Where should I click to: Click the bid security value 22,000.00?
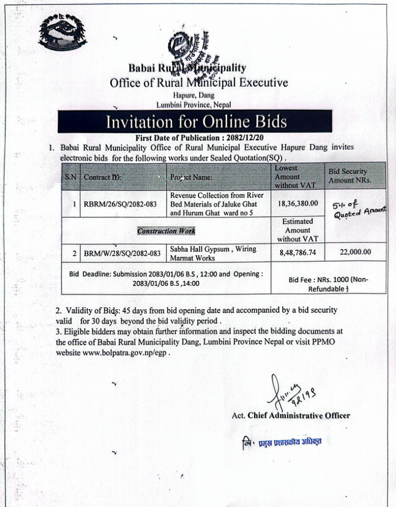[x=355, y=252]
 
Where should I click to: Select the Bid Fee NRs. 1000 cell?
[x=328, y=284]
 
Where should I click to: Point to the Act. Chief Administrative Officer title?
[x=291, y=415]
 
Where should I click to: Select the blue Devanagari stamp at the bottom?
[x=285, y=441]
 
